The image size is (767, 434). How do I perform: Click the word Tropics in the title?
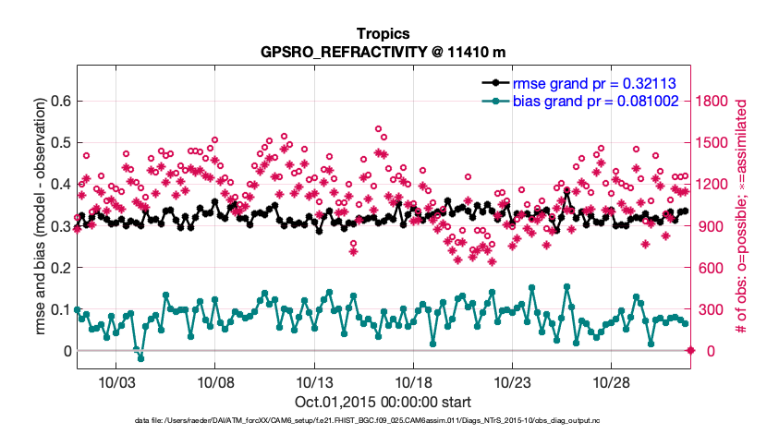383,34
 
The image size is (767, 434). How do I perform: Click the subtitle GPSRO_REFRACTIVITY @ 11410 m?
383,52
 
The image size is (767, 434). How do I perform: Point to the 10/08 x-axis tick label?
214,382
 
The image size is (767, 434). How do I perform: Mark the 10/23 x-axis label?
512,382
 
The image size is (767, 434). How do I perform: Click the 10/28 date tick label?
612,382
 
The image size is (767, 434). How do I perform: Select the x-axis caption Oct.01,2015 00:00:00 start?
383,402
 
